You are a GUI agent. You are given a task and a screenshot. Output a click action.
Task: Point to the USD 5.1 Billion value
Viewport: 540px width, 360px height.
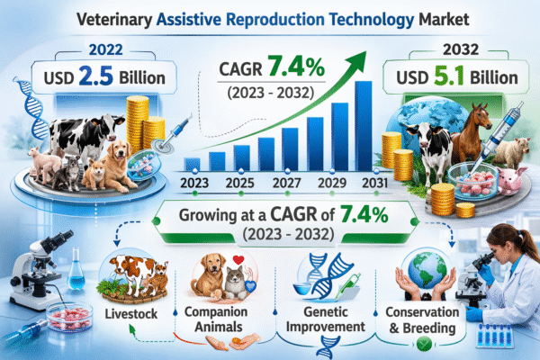click(437, 78)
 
